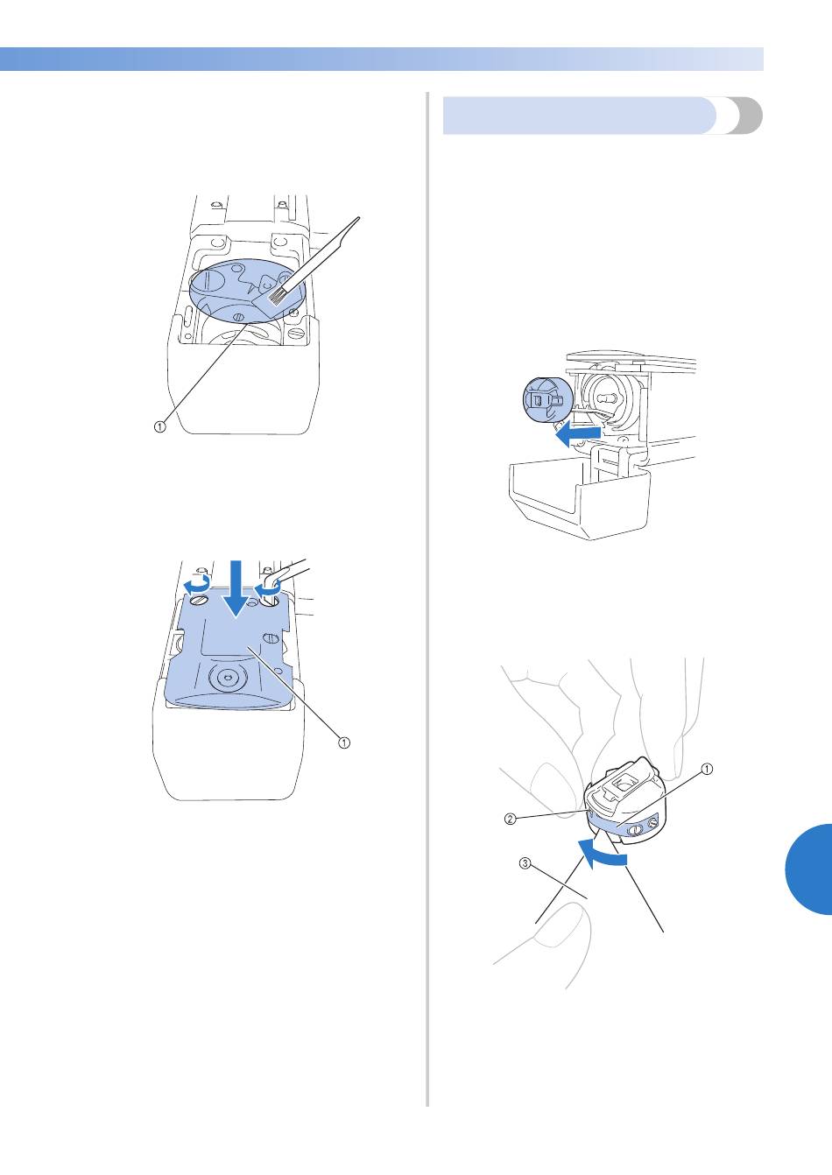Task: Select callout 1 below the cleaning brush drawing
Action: click(x=159, y=426)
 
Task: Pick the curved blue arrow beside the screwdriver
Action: click(x=266, y=591)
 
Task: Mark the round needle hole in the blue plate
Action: click(x=227, y=678)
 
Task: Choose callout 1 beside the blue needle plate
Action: click(x=343, y=742)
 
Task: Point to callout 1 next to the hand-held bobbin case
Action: click(x=707, y=769)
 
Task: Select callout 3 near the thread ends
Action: click(x=525, y=862)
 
